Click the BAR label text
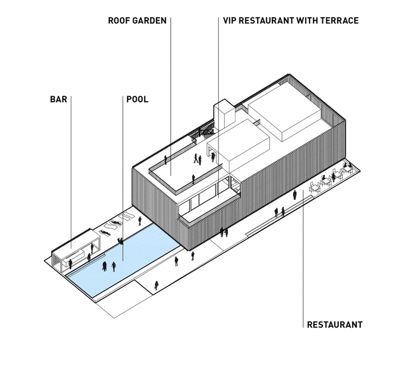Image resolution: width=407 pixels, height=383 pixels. pos(59,99)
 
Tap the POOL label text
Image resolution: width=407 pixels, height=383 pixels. pos(137,99)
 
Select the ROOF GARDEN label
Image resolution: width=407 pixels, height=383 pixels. pos(137,20)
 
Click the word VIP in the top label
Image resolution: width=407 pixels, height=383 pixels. pos(229,20)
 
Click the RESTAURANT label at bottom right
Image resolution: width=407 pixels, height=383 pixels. pos(335,324)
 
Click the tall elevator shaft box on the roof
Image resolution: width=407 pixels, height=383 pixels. pos(225,115)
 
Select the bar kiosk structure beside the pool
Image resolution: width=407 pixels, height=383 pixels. pos(75,251)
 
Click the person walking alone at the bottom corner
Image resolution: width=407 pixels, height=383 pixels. pos(156,285)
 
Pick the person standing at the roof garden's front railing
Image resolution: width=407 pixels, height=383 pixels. pos(193,179)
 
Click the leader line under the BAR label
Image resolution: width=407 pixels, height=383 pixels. pos(71,172)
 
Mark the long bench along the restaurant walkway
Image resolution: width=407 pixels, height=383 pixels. pos(279,216)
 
